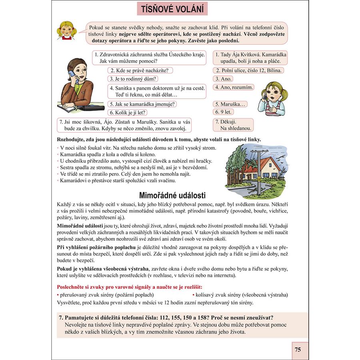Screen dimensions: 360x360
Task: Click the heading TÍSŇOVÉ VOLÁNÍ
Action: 172,8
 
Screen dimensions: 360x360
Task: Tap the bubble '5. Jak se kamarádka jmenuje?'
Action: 143,104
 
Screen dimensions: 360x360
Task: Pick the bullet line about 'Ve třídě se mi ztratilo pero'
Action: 126,174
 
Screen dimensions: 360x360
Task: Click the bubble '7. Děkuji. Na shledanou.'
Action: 233,125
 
